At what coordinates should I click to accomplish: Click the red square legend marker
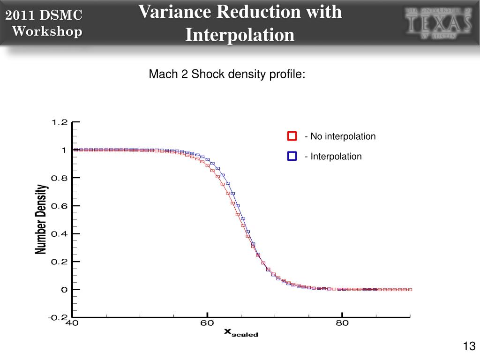point(292,136)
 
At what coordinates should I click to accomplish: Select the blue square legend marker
point(292,156)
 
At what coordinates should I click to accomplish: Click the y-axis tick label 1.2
point(60,122)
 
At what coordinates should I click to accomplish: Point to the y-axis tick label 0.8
point(60,178)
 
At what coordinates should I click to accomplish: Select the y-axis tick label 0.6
point(60,206)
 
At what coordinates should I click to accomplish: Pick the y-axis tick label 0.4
point(60,234)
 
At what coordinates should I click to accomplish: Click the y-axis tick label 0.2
point(60,262)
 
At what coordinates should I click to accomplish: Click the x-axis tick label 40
point(72,323)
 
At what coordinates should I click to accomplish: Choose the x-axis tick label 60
point(207,323)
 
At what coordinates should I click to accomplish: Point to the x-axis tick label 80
point(342,323)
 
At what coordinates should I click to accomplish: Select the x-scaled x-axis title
point(241,332)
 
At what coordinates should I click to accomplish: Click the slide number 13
point(469,346)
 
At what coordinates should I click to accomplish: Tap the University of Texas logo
point(438,23)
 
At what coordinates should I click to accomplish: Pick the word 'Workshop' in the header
point(47,31)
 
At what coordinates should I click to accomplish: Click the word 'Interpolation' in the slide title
point(240,35)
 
